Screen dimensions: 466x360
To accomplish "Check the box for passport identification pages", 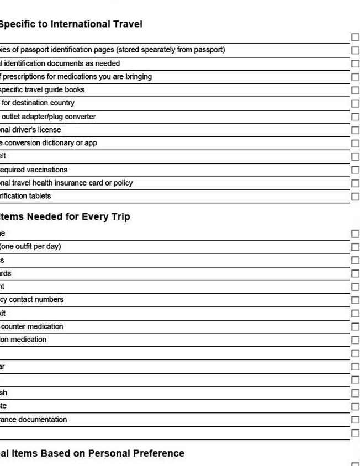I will (x=355, y=50).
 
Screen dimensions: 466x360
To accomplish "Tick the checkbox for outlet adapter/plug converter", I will (x=355, y=116).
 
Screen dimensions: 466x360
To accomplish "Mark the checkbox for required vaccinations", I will (x=355, y=170).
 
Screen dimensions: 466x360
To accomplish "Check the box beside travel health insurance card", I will (x=355, y=183).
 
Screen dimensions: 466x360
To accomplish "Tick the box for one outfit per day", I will (x=355, y=247).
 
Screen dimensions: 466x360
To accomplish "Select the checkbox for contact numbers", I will (x=355, y=300).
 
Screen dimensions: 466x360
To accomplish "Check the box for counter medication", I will (x=355, y=326).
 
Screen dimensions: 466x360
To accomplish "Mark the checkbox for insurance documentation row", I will (x=355, y=420).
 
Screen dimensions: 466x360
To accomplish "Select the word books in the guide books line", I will (x=75, y=89).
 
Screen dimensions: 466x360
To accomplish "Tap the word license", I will (x=49, y=130).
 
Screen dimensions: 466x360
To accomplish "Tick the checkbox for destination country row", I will (x=355, y=103).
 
